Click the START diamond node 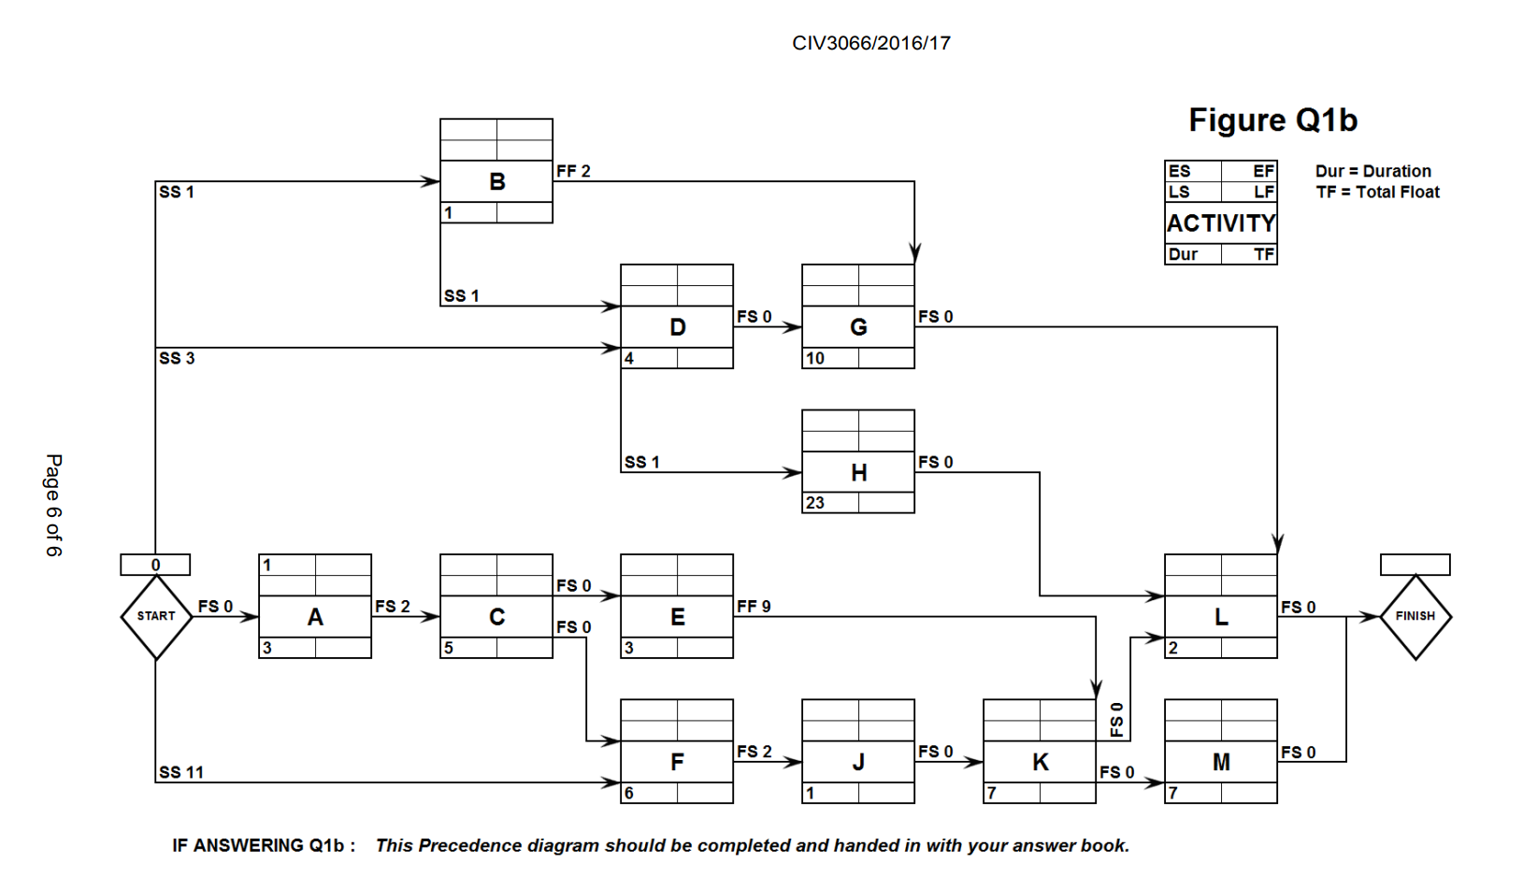[156, 616]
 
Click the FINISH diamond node [1415, 616]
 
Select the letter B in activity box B [496, 181]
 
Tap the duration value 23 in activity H [815, 503]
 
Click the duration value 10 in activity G [815, 358]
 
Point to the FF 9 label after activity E [754, 607]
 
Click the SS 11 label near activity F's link [181, 772]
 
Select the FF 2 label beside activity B [573, 171]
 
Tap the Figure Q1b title [1272, 120]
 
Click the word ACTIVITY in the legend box [1220, 223]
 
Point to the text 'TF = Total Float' [1377, 192]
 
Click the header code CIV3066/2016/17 [870, 43]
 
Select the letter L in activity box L [1220, 617]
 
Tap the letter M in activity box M [1220, 762]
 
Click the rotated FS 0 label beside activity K [1116, 720]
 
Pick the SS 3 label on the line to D [177, 358]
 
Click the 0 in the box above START [155, 565]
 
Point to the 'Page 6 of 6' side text [53, 505]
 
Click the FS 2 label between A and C [393, 607]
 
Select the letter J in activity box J [857, 762]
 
